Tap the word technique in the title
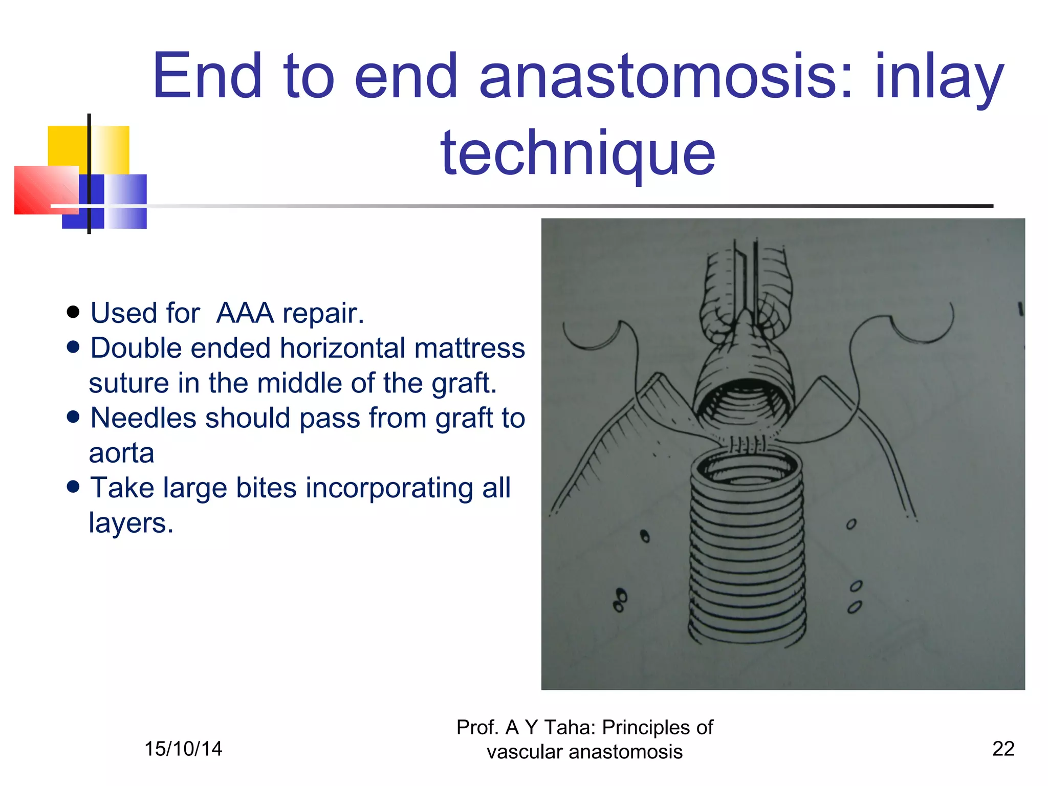click(578, 152)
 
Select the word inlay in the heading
click(940, 77)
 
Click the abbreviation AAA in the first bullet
click(245, 313)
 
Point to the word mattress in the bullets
click(470, 348)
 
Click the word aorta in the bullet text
click(121, 453)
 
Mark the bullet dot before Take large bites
click(73, 487)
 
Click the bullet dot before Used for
click(73, 312)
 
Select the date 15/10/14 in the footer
click(183, 749)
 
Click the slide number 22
click(1003, 749)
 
